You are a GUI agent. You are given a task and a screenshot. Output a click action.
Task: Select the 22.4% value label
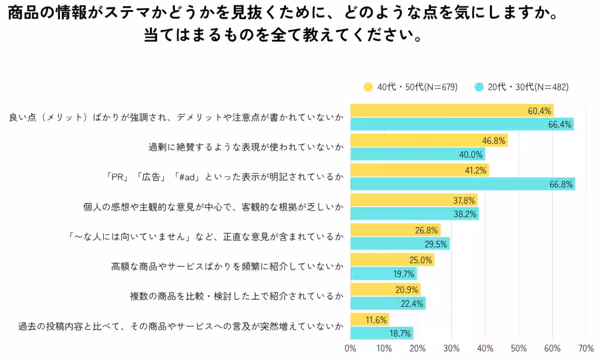click(411, 303)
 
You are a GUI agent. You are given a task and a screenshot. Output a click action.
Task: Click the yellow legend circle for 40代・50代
click(368, 87)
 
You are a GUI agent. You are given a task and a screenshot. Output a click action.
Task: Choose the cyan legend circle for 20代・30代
click(479, 87)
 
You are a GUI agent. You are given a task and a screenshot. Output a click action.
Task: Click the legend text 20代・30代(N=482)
click(528, 87)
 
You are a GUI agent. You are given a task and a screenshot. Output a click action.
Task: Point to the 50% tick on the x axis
click(519, 348)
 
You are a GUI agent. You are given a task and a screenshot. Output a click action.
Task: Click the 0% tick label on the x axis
click(350, 348)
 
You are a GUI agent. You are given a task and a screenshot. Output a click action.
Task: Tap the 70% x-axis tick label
click(586, 348)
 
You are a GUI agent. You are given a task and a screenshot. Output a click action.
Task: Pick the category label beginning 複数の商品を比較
click(237, 296)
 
